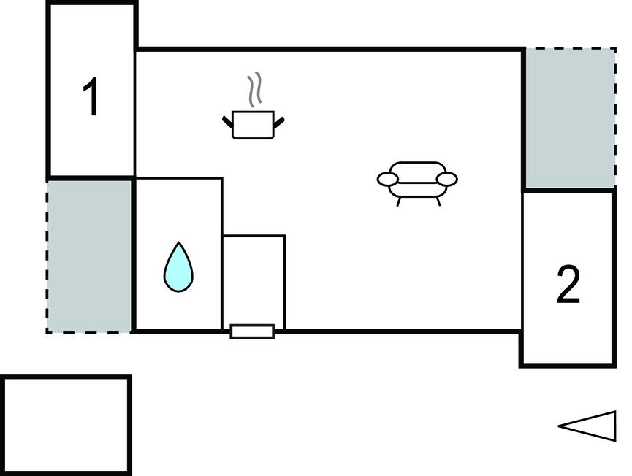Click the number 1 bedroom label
point(91,96)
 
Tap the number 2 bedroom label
point(568,285)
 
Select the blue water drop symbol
point(178,268)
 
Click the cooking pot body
point(253,125)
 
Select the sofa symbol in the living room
point(417,184)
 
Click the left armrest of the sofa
point(388,179)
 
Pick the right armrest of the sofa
point(447,179)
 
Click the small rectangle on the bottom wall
point(252,331)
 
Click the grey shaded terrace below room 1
point(88,256)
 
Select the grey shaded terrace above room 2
point(571,118)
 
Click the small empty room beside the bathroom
point(254,282)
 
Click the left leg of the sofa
point(399,201)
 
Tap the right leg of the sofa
point(438,201)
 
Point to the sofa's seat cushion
point(418,190)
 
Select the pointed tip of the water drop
point(178,242)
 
